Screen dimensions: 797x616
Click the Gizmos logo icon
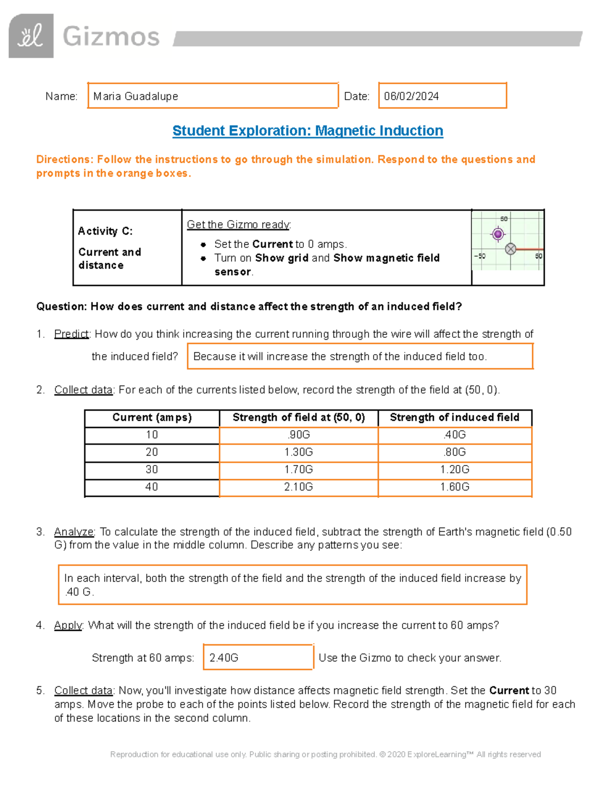tap(31, 36)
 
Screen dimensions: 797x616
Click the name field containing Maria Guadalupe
tap(213, 96)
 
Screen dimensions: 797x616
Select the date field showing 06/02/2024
tap(442, 96)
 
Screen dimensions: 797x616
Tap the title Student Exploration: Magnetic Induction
tap(307, 131)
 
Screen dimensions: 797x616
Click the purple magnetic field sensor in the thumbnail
tap(497, 235)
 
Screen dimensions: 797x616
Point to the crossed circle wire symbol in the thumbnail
tap(510, 249)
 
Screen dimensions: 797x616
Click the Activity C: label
tap(105, 231)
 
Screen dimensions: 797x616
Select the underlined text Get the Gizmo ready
tap(239, 224)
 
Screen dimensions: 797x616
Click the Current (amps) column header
tap(152, 418)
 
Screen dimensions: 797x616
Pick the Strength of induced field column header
tap(454, 418)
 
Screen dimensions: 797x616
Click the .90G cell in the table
tap(298, 435)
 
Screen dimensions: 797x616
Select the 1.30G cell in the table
tap(298, 452)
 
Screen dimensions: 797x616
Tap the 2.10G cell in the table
tap(298, 487)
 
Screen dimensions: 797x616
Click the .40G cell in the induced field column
tap(454, 435)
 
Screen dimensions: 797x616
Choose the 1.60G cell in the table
tap(454, 487)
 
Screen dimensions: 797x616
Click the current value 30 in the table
tap(152, 470)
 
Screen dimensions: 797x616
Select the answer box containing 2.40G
tap(258, 657)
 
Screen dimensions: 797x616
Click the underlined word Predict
tap(72, 334)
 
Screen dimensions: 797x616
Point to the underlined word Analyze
tap(74, 532)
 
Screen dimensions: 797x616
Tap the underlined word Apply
tap(68, 625)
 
